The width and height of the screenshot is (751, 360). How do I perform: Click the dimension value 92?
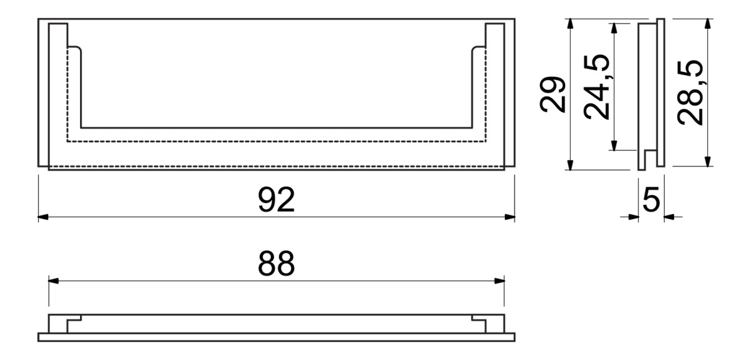pyautogui.click(x=276, y=200)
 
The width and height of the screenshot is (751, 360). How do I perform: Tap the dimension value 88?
pyautogui.click(x=276, y=264)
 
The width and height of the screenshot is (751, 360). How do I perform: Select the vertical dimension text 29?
pyautogui.click(x=553, y=95)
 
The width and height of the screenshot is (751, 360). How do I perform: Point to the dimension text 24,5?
pyautogui.click(x=596, y=87)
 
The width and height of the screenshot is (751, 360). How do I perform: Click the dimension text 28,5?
pyautogui.click(x=690, y=93)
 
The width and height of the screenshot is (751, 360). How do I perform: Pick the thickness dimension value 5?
pyautogui.click(x=651, y=200)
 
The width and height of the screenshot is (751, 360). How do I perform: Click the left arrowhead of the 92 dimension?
pyautogui.click(x=43, y=217)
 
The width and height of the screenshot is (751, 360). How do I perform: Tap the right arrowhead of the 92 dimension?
pyautogui.click(x=509, y=217)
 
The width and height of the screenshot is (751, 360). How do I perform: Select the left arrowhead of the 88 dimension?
pyautogui.click(x=54, y=280)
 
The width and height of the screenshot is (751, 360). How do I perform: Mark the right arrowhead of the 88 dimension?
pyautogui.click(x=499, y=280)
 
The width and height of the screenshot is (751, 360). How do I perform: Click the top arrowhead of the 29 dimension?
pyautogui.click(x=570, y=24)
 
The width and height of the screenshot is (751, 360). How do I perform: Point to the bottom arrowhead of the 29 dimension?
pyautogui.click(x=570, y=165)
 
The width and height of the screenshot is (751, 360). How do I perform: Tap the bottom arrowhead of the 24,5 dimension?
pyautogui.click(x=614, y=145)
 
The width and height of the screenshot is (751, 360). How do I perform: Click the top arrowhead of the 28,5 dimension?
pyautogui.click(x=708, y=24)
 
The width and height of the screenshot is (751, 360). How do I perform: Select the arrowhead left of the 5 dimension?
pyautogui.click(x=633, y=217)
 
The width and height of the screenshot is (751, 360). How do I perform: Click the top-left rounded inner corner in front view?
pyautogui.click(x=78, y=49)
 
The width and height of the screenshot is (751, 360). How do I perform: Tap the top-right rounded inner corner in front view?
pyautogui.click(x=476, y=49)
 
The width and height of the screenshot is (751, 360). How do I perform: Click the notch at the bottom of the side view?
pyautogui.click(x=651, y=158)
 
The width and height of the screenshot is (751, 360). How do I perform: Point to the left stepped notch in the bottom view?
pyautogui.click(x=74, y=320)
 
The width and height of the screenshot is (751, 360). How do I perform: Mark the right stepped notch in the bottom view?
pyautogui.click(x=479, y=320)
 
